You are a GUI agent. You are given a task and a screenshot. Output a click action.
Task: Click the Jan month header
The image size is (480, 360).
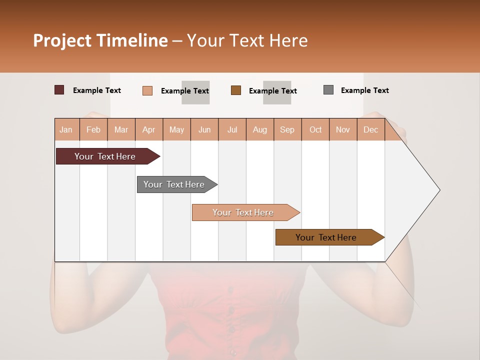click(x=66, y=129)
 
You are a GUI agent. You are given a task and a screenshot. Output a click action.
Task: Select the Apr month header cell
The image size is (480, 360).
click(x=149, y=129)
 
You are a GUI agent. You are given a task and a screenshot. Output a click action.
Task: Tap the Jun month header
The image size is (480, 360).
click(x=204, y=129)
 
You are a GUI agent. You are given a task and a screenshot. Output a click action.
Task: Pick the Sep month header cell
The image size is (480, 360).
click(x=287, y=129)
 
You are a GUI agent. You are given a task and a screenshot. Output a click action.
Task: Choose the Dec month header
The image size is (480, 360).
click(x=370, y=129)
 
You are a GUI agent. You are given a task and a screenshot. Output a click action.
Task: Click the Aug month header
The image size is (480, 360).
click(x=260, y=129)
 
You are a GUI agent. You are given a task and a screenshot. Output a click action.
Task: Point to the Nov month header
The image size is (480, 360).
click(x=343, y=129)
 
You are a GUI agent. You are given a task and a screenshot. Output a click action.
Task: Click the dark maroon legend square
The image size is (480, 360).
click(x=59, y=90)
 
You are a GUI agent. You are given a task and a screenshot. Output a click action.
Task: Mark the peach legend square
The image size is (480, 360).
click(x=147, y=90)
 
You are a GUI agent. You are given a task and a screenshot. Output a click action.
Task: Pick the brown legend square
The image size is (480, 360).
click(x=236, y=90)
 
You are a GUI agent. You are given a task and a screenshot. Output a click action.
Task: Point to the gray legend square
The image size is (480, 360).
click(x=328, y=90)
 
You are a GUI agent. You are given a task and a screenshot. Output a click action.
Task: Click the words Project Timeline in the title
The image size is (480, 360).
click(x=100, y=40)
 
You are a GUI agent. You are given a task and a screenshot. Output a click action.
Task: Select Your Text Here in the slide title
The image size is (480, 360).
click(x=247, y=40)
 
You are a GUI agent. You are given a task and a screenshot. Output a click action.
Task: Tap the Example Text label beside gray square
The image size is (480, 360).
click(x=364, y=90)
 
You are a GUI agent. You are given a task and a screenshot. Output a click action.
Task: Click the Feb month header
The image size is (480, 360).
click(x=93, y=129)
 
